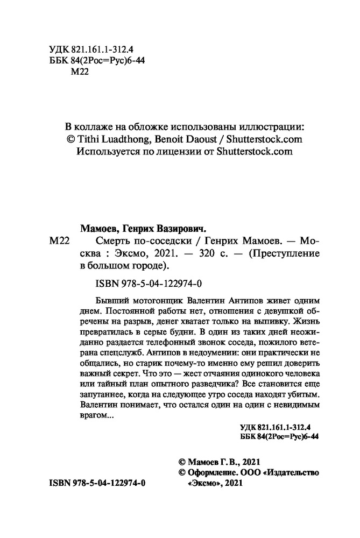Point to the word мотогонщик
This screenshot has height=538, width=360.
click(x=155, y=300)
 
